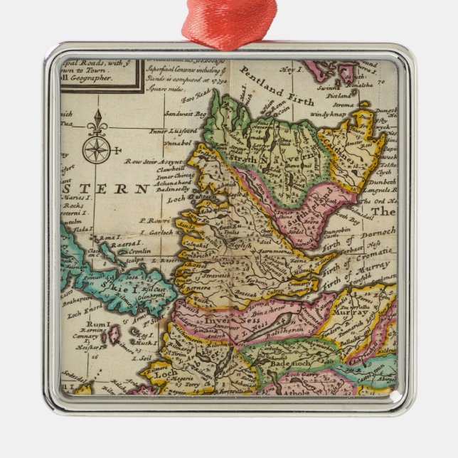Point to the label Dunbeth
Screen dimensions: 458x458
tap(383, 181)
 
